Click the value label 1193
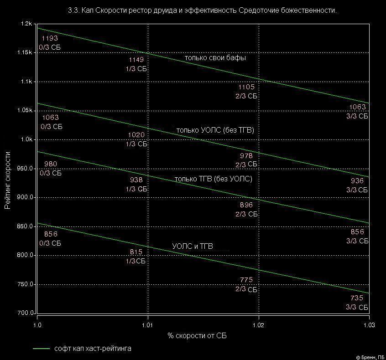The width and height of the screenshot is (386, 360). pyautogui.click(x=49, y=38)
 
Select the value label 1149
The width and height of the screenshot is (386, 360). pyautogui.click(x=136, y=60)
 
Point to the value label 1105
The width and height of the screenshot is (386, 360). pyautogui.click(x=246, y=87)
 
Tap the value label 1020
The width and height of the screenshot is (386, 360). pyautogui.click(x=136, y=135)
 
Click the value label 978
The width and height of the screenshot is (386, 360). pyautogui.click(x=246, y=155)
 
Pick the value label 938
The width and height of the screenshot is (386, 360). pyautogui.click(x=136, y=180)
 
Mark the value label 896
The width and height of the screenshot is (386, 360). pyautogui.click(x=246, y=205)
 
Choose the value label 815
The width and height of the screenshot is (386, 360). pyautogui.click(x=136, y=252)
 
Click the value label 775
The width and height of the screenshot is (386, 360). pyautogui.click(x=246, y=280)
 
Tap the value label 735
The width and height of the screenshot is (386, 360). pyautogui.click(x=357, y=298)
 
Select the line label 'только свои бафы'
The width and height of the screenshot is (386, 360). pyautogui.click(x=215, y=58)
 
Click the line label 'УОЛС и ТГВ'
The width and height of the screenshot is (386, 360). pyautogui.click(x=193, y=246)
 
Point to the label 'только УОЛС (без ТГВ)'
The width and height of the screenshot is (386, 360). pyautogui.click(x=215, y=130)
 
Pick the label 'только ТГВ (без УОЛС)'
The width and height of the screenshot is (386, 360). pyautogui.click(x=214, y=179)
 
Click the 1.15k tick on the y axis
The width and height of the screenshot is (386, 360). pyautogui.click(x=25, y=53)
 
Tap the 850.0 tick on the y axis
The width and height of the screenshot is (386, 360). pyautogui.click(x=25, y=226)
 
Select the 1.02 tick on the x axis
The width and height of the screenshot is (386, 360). pyautogui.click(x=259, y=325)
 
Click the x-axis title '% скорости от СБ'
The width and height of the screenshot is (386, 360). pyautogui.click(x=197, y=336)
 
